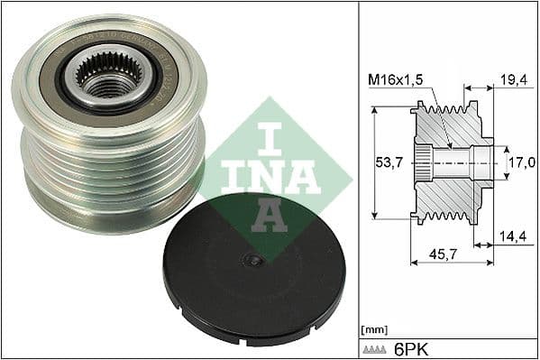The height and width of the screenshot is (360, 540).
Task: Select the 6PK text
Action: [x=411, y=346]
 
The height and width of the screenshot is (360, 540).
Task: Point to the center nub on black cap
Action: [x=255, y=260]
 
